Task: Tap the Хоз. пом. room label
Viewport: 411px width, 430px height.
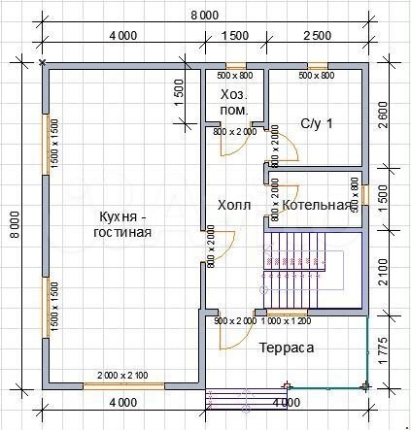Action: coord(234,103)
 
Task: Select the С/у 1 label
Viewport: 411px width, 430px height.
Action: coord(317,123)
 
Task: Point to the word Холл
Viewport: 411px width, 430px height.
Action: coord(233,205)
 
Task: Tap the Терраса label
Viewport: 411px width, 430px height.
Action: coord(287,347)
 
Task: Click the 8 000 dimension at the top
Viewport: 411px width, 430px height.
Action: coord(205,14)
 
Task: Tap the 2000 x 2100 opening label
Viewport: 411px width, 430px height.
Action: coord(121,375)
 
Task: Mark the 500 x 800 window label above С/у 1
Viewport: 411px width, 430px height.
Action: coord(317,75)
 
